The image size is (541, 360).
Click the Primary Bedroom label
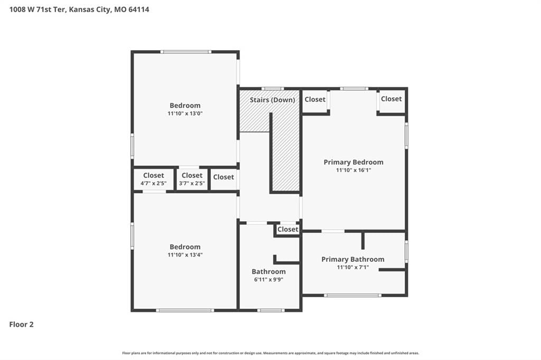click(353, 162)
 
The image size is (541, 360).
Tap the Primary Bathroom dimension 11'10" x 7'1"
click(353, 267)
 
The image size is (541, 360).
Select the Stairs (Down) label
click(272, 100)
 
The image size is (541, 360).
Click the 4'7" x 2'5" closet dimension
click(154, 183)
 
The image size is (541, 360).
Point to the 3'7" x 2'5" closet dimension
click(192, 183)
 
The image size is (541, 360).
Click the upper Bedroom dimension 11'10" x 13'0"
click(185, 113)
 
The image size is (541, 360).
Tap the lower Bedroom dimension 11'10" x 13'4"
click(185, 255)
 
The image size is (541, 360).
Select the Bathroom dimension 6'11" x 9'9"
click(268, 280)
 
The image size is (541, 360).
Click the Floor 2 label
click(21, 325)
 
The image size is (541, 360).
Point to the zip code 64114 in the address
click(139, 10)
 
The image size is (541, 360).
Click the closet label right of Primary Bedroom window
click(391, 99)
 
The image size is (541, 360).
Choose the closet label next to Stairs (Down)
click(315, 100)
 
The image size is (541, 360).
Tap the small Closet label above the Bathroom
click(288, 229)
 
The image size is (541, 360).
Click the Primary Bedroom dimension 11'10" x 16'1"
click(353, 170)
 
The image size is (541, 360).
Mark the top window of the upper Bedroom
click(185, 52)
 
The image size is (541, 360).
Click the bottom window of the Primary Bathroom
click(352, 295)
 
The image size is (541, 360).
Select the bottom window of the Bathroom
click(271, 310)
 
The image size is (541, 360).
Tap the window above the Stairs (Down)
click(272, 89)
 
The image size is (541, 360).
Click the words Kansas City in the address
click(90, 10)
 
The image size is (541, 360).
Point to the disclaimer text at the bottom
click(270, 353)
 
